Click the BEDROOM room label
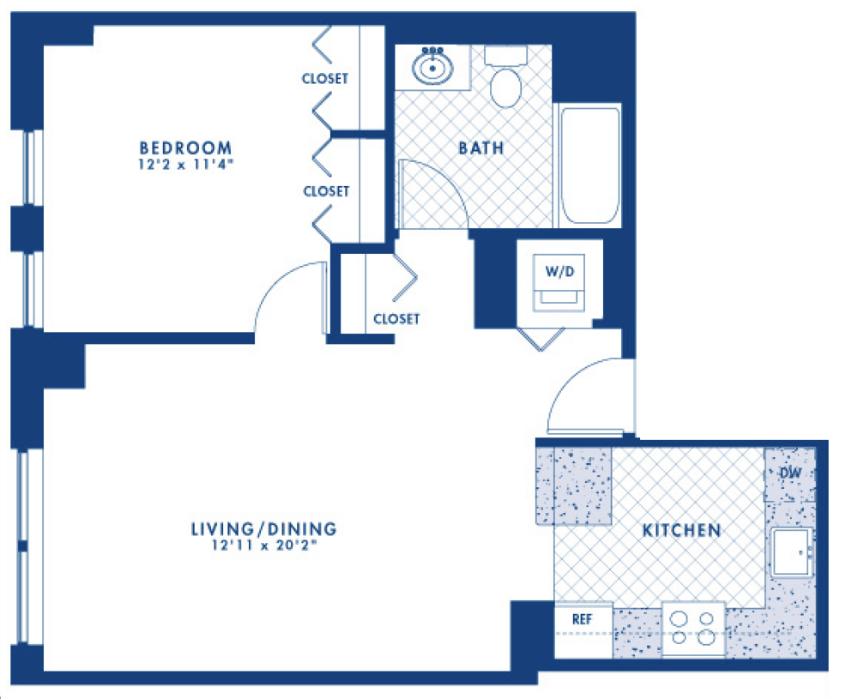point(185,148)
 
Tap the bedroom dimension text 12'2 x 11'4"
point(185,165)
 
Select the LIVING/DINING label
point(263,529)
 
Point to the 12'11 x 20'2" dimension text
point(264,545)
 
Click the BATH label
point(481,148)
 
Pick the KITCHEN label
point(681,530)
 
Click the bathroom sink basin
point(432,69)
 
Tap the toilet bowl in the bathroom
point(505,87)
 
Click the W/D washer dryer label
point(559,271)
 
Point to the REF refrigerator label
point(582,619)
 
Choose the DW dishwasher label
point(789,473)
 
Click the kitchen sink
point(791,551)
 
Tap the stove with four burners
point(693,629)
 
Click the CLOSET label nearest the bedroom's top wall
point(325,79)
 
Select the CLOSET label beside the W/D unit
point(396,319)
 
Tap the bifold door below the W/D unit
point(541,340)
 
